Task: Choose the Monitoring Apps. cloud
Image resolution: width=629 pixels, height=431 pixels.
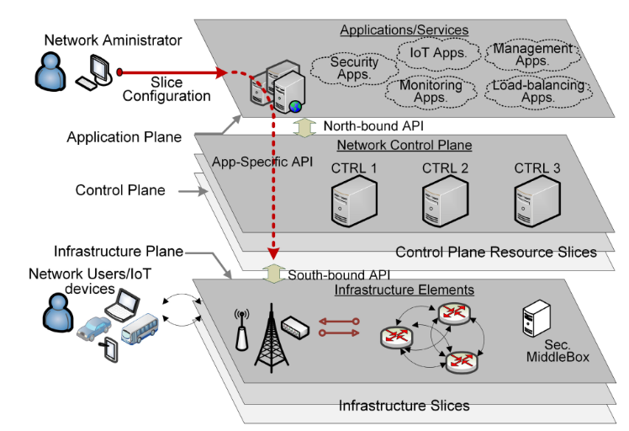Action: click(x=431, y=91)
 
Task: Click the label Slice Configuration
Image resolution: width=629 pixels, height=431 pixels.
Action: click(x=166, y=89)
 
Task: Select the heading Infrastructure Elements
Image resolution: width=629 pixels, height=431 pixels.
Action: click(x=404, y=290)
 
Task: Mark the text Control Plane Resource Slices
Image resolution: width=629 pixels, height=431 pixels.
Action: click(x=496, y=251)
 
